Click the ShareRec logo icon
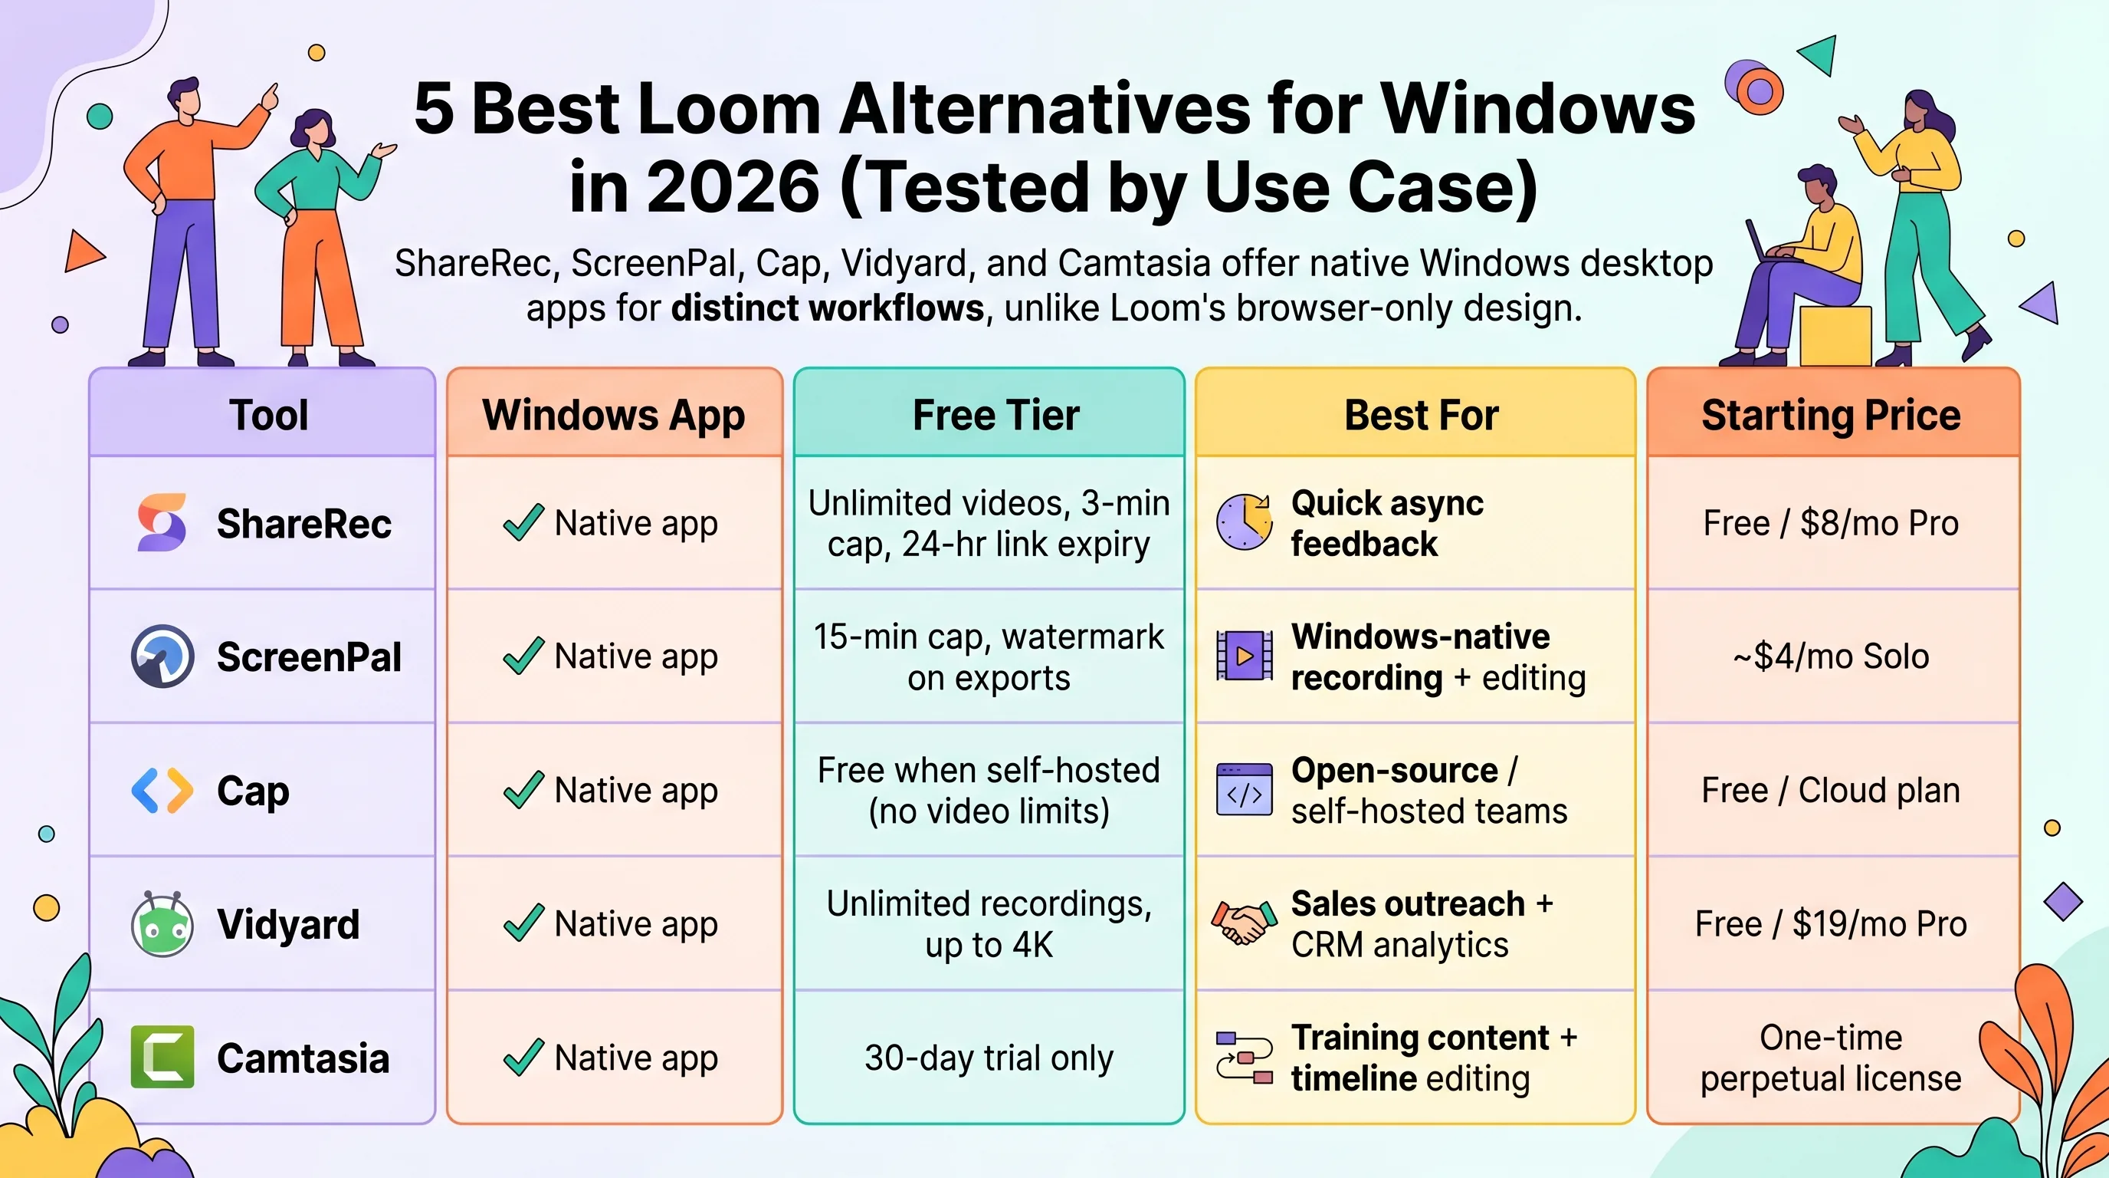coord(162,522)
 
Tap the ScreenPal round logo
coord(162,656)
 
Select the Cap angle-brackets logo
coord(162,791)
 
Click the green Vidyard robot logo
coord(162,924)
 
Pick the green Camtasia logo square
coord(162,1057)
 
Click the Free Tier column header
coord(995,414)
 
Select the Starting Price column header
coord(1832,414)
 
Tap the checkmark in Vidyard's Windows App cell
coord(523,923)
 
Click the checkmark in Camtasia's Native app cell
coord(523,1057)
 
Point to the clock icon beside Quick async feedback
coord(1245,522)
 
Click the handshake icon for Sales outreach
coord(1245,923)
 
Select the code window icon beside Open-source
coord(1245,790)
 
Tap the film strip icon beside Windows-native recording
coord(1245,656)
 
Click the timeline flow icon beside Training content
coord(1245,1058)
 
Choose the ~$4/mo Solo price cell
coord(1832,656)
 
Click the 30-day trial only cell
coord(989,1058)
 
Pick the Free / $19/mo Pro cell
coord(1832,924)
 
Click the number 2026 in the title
coord(733,187)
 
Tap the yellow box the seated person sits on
coord(1835,336)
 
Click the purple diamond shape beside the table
coord(2063,901)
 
